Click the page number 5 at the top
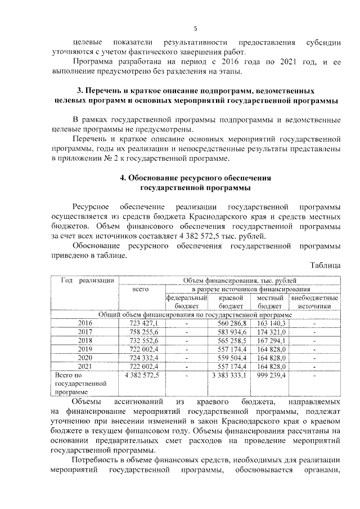195,28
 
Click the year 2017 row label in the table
85,332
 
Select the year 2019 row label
85,349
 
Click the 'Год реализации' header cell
84,280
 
